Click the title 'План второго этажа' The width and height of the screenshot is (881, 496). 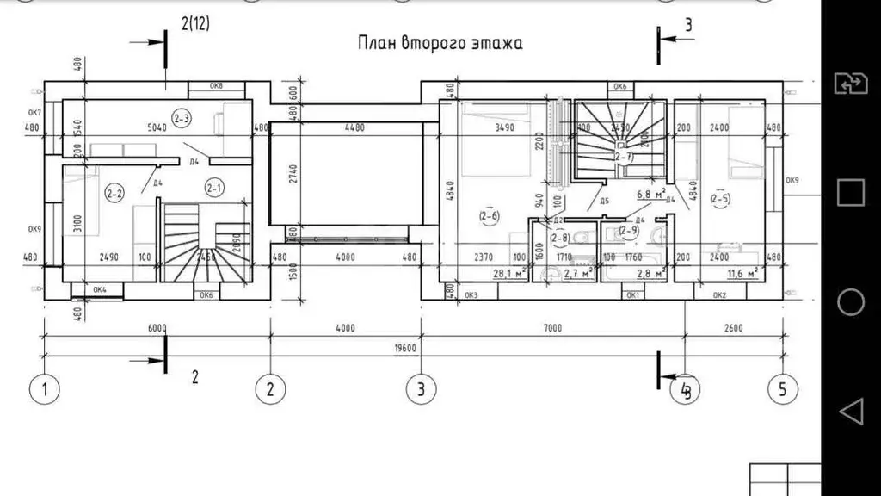tap(440, 43)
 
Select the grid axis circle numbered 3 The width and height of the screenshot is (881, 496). tap(420, 388)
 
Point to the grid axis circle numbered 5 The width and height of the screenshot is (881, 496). tap(782, 388)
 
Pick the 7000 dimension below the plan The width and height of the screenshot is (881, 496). tap(552, 328)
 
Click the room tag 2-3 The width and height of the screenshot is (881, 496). tap(181, 118)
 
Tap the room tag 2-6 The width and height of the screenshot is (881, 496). tap(490, 217)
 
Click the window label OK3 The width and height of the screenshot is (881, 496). tap(471, 296)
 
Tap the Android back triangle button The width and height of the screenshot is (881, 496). tap(850, 412)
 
